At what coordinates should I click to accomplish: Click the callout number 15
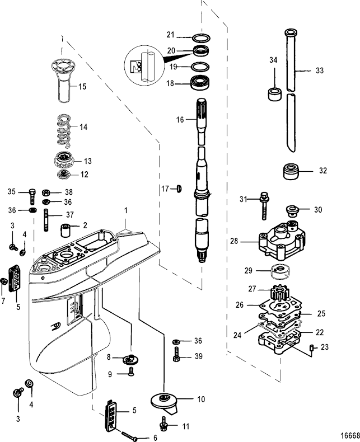[x=82, y=87]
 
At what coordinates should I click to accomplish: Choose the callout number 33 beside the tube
[x=319, y=71]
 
